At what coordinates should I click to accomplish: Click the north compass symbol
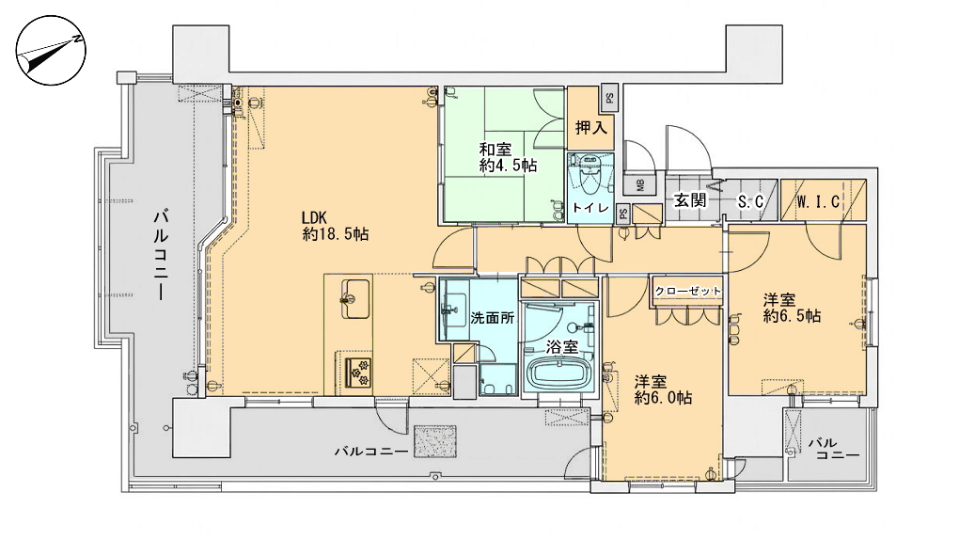[51, 51]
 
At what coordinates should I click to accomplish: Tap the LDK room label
[335, 225]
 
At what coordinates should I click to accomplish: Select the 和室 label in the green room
[508, 157]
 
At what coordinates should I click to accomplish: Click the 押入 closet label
[590, 127]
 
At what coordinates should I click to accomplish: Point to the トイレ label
[590, 208]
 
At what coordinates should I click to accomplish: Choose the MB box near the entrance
[640, 185]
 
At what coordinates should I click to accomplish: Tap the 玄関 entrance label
[690, 199]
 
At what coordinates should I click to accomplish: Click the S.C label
[750, 201]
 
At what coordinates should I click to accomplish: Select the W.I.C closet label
[818, 201]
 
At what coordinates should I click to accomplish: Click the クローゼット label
[688, 291]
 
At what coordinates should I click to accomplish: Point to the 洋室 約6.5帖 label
[792, 308]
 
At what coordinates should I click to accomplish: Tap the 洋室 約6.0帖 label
[663, 389]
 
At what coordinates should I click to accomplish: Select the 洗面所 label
[493, 318]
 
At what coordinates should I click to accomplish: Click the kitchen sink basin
[355, 299]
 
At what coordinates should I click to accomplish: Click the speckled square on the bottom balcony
[435, 441]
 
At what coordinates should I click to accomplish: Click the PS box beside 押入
[608, 98]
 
